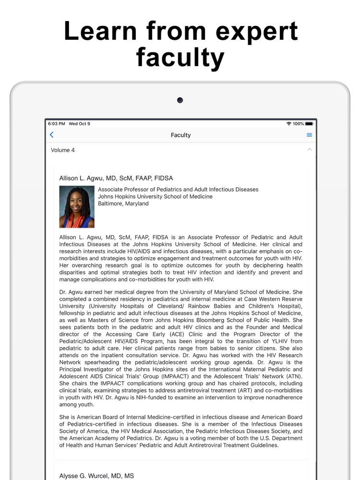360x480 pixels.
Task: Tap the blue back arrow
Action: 52,135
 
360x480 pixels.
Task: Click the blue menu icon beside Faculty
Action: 310,135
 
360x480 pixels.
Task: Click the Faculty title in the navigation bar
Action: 180,135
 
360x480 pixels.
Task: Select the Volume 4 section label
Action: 63,150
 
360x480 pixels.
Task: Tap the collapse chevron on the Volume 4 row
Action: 310,150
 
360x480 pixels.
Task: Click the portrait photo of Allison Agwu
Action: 77,207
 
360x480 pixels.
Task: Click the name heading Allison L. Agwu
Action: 116,178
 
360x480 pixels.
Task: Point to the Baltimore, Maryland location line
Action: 123,204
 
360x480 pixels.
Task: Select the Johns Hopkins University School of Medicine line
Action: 155,196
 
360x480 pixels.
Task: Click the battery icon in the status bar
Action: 309,124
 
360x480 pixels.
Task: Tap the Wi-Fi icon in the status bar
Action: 288,124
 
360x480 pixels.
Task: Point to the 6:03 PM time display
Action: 57,124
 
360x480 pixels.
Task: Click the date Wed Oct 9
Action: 79,124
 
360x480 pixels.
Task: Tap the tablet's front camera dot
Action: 180,100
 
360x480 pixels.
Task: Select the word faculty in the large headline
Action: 180,58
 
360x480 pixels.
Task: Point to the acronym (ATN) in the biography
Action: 292,376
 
